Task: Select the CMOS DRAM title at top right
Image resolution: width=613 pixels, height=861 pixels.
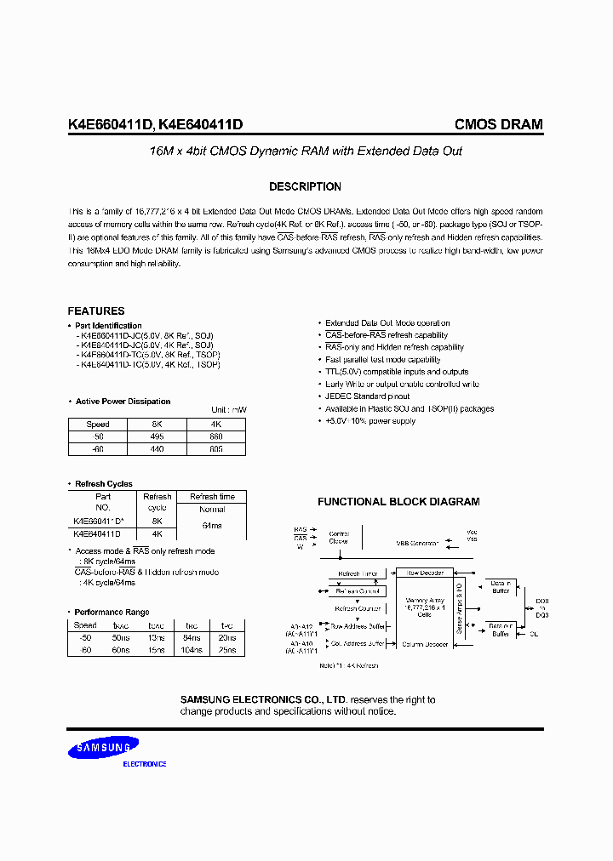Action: click(x=498, y=124)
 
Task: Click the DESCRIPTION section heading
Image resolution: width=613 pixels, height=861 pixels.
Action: click(x=305, y=186)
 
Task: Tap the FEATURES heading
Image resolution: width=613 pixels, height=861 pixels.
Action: click(x=96, y=311)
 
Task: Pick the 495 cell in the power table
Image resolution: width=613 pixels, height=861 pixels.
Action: click(x=158, y=436)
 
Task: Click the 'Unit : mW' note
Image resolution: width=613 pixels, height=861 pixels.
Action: click(x=228, y=410)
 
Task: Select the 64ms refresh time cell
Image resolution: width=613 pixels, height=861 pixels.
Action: click(x=212, y=527)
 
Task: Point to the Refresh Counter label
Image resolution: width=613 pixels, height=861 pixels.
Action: click(x=356, y=608)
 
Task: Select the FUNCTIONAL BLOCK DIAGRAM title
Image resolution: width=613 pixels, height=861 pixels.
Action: click(x=398, y=502)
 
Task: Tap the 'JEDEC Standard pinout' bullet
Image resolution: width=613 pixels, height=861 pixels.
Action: click(x=367, y=396)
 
